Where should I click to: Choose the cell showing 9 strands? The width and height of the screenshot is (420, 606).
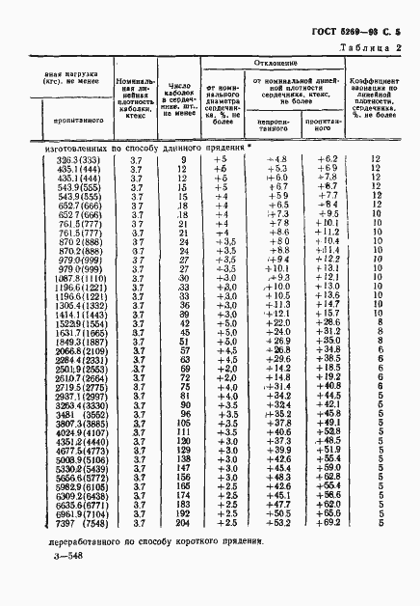coord(182,158)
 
